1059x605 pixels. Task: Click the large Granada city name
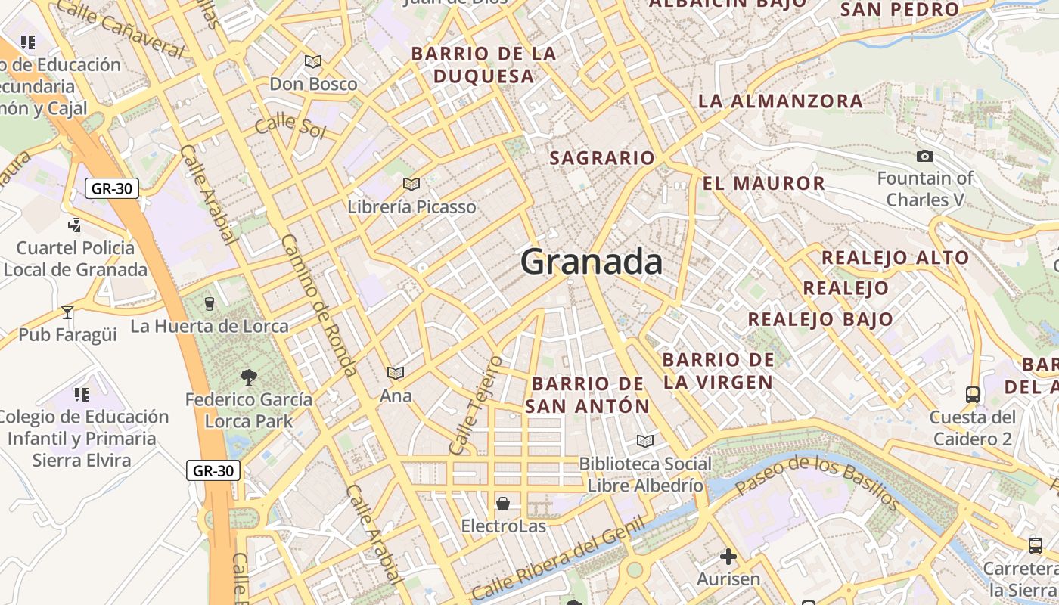(x=592, y=262)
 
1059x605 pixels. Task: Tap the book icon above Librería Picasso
(x=411, y=184)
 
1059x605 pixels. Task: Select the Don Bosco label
(x=313, y=84)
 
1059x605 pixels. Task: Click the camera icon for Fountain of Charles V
(x=924, y=157)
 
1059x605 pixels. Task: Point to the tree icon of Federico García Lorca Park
(x=248, y=377)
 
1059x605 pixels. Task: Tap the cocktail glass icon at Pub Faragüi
(x=67, y=312)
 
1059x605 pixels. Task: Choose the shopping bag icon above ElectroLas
(x=503, y=504)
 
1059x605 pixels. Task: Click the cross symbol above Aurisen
(x=728, y=557)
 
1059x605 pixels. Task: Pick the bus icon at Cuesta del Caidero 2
(x=973, y=394)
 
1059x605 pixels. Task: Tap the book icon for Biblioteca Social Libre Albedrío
(x=644, y=441)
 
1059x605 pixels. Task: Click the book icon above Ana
(x=395, y=373)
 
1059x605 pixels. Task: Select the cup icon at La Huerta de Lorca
(x=210, y=304)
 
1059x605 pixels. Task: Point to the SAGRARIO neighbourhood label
(x=602, y=158)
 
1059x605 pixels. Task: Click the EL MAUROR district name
(x=763, y=184)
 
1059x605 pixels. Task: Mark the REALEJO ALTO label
(x=895, y=258)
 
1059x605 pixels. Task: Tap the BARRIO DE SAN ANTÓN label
(x=587, y=395)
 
